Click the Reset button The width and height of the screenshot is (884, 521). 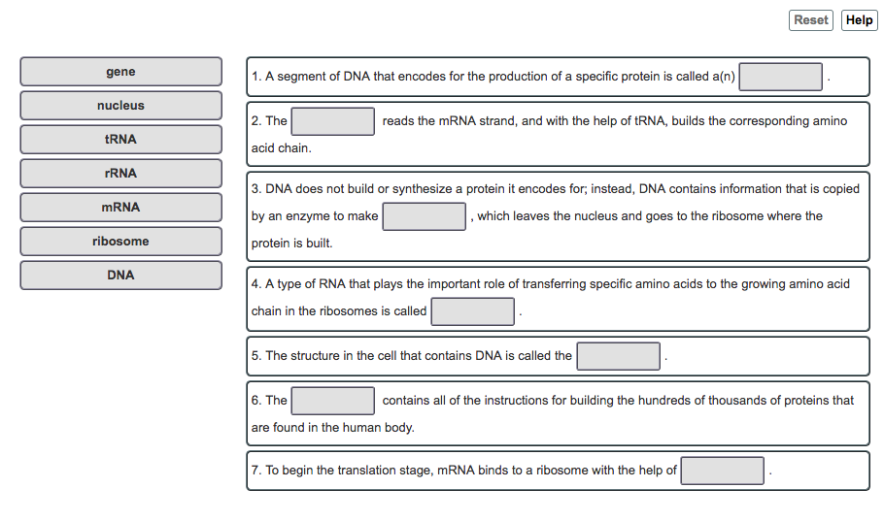pos(811,20)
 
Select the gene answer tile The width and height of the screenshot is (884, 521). pos(120,72)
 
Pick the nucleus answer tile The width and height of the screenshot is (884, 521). pos(120,106)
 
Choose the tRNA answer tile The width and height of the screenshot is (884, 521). pos(120,139)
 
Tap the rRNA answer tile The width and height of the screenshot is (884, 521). pos(120,174)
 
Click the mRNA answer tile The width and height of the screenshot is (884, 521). pos(120,208)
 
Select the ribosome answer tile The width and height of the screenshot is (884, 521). pos(120,241)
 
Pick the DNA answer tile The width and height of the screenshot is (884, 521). pos(120,275)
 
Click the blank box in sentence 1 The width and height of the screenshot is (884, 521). pos(780,77)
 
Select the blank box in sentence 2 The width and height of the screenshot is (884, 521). pos(332,121)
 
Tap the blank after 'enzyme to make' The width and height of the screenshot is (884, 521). pos(424,216)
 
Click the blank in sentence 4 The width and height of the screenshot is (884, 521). pos(472,311)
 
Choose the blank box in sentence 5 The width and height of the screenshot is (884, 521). pos(618,356)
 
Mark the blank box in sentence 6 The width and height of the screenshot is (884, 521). pos(332,401)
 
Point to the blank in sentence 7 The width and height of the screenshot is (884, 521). pos(722,471)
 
